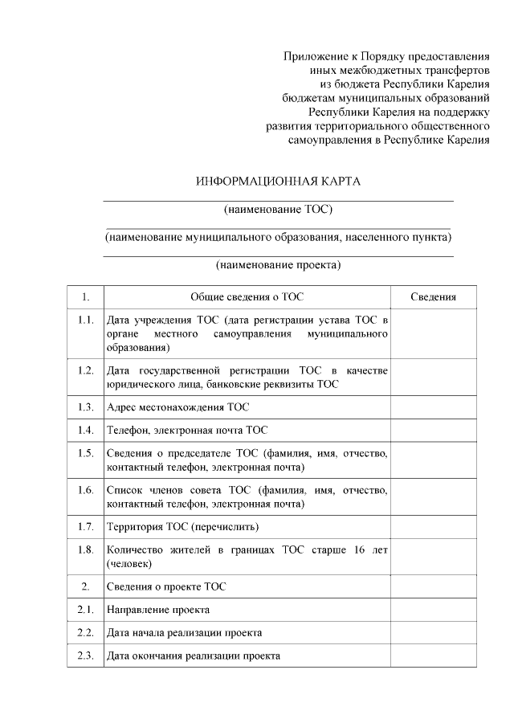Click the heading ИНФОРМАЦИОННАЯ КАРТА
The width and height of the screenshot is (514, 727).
pyautogui.click(x=278, y=181)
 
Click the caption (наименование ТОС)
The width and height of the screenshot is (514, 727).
pyautogui.click(x=278, y=210)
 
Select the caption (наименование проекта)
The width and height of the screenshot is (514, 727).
pyautogui.click(x=278, y=264)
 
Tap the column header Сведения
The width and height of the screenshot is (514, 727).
pyautogui.click(x=433, y=296)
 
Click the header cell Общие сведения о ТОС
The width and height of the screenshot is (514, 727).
pyautogui.click(x=247, y=296)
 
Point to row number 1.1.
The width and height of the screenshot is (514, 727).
pyautogui.click(x=86, y=321)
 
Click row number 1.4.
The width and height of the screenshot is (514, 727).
pyautogui.click(x=86, y=430)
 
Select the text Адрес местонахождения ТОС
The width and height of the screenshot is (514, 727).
pyautogui.click(x=177, y=407)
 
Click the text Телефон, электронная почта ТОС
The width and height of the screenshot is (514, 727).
pyautogui.click(x=186, y=430)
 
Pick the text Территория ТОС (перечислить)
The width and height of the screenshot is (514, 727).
pyautogui.click(x=182, y=527)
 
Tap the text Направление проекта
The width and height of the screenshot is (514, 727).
pyautogui.click(x=158, y=610)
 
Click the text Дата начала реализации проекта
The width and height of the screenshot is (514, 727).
pyautogui.click(x=184, y=632)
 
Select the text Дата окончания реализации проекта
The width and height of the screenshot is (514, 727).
pyautogui.click(x=193, y=656)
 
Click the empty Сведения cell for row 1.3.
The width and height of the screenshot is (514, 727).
pyautogui.click(x=433, y=407)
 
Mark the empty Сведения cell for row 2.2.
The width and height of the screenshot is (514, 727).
pyautogui.click(x=433, y=632)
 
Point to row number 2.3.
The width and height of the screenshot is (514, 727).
pyautogui.click(x=86, y=656)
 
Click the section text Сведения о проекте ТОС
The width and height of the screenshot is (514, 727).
pyautogui.click(x=166, y=586)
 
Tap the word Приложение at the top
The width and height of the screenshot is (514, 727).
pyautogui.click(x=316, y=56)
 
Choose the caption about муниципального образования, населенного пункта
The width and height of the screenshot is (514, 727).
pyautogui.click(x=278, y=237)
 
